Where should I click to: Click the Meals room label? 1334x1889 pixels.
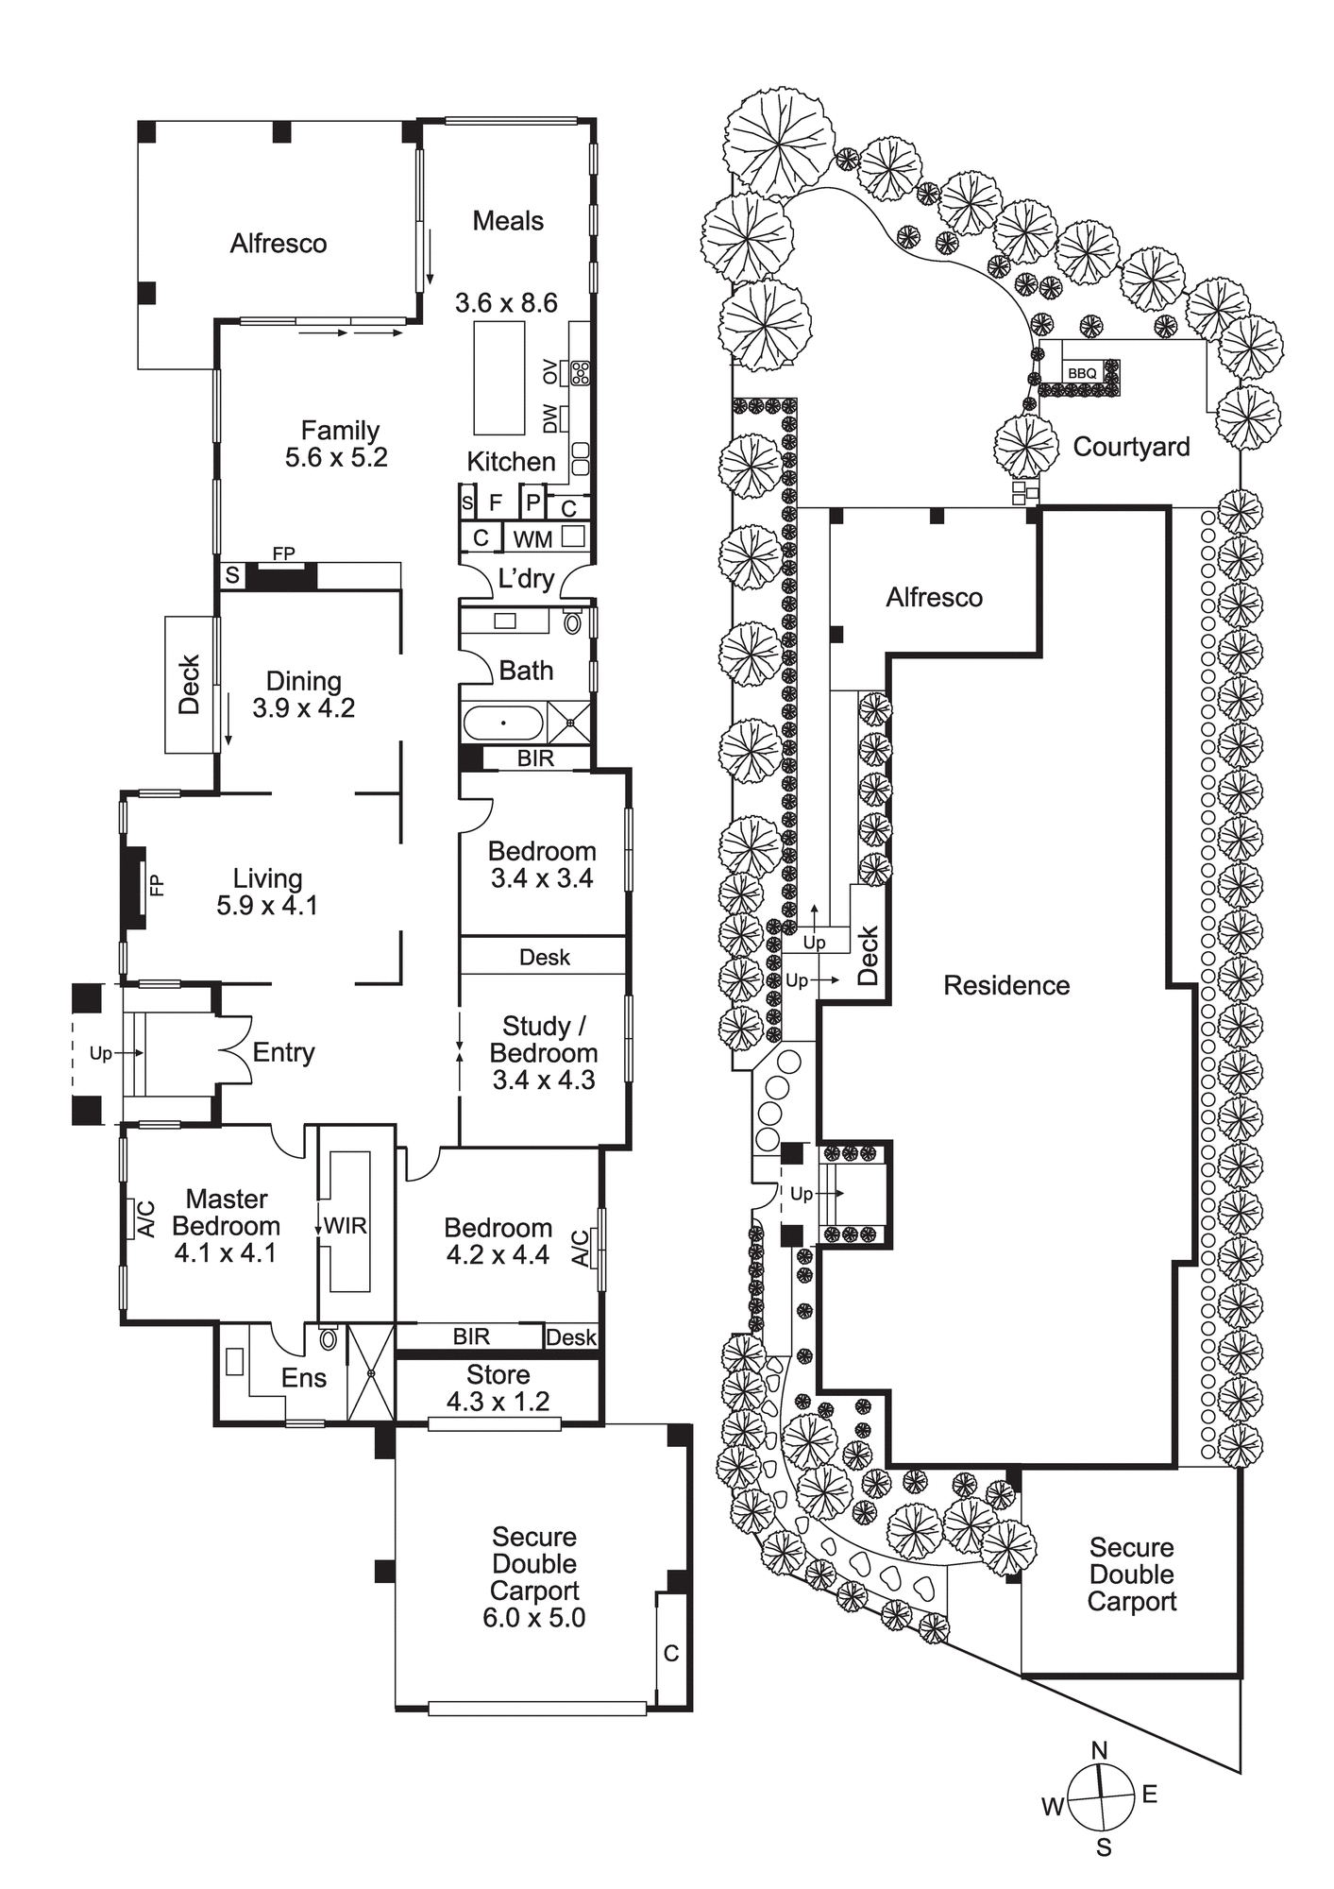(508, 221)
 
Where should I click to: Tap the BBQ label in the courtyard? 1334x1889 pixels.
(1082, 373)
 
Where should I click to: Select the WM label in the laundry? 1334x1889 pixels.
(532, 539)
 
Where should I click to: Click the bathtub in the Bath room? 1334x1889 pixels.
(503, 723)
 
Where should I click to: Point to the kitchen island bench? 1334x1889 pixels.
(498, 377)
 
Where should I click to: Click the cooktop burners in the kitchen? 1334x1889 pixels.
(580, 372)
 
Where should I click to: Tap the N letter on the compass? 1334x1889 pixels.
(1099, 1750)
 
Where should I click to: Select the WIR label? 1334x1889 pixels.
(346, 1226)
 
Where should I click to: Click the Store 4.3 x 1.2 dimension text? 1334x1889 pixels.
(498, 1402)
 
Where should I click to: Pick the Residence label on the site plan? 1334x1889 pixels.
(1006, 985)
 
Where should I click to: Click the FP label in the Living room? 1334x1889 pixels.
(157, 885)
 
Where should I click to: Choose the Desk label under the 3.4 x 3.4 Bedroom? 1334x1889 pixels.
(545, 957)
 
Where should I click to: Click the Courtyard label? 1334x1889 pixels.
(1131, 447)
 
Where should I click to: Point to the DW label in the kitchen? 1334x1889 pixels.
(549, 417)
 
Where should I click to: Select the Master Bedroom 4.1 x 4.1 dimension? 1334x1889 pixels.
(226, 1253)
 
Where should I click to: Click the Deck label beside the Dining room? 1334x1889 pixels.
(190, 684)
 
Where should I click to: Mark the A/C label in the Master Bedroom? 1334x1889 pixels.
(146, 1218)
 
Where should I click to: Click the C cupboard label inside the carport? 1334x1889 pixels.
(671, 1653)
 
